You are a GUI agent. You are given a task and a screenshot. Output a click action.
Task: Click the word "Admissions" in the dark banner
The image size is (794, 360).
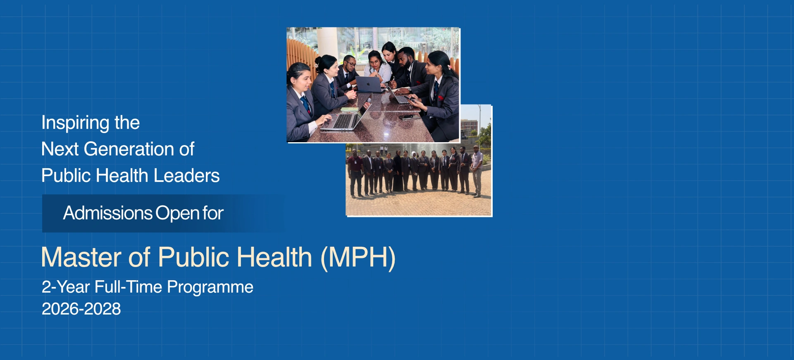(108, 213)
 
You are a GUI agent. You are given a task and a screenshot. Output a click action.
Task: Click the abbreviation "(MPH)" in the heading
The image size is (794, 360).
(358, 258)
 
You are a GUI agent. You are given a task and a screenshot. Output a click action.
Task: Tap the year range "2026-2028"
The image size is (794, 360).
(81, 309)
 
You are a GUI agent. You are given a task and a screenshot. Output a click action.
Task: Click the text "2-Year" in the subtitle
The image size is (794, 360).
(66, 287)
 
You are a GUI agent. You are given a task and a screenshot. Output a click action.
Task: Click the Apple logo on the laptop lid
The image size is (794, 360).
(369, 83)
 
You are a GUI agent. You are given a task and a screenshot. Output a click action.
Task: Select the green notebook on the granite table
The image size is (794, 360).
(349, 109)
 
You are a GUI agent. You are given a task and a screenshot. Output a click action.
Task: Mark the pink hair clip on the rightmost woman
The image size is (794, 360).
(449, 67)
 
